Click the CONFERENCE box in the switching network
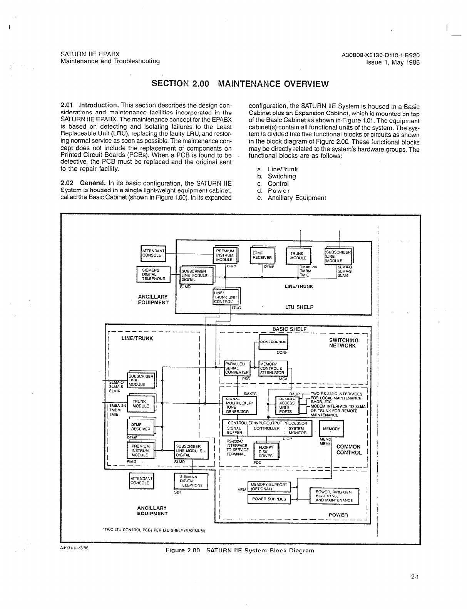coord(273,342)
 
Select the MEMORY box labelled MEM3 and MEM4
coord(331,429)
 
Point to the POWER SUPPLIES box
coord(269,499)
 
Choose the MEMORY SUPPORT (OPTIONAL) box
coord(268,487)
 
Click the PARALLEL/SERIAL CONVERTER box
coord(237,368)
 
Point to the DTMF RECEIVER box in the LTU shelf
coord(262,255)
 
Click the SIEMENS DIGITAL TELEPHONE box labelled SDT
coord(191,481)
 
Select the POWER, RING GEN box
coord(334,496)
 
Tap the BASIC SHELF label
coord(289,329)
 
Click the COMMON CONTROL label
coord(349,450)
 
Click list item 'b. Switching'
coord(277,176)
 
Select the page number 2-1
coord(414,577)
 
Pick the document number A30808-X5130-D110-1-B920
coord(380,55)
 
